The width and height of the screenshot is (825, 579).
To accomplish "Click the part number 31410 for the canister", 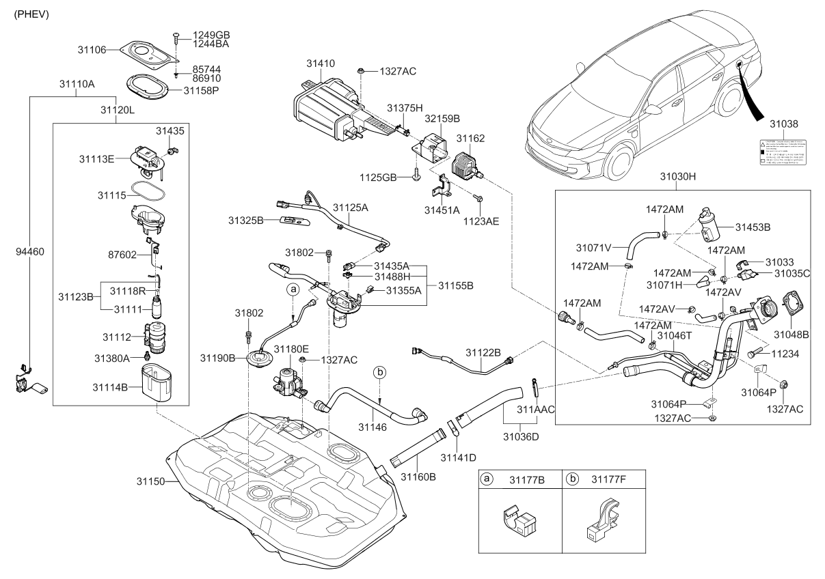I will click(x=320, y=63).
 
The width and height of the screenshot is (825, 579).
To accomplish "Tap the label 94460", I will click(x=30, y=251).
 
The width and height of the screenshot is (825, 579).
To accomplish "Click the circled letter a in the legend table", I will click(x=487, y=479).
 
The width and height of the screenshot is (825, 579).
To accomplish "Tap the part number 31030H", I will click(x=677, y=175).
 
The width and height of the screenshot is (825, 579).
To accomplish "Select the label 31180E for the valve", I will click(x=291, y=348).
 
